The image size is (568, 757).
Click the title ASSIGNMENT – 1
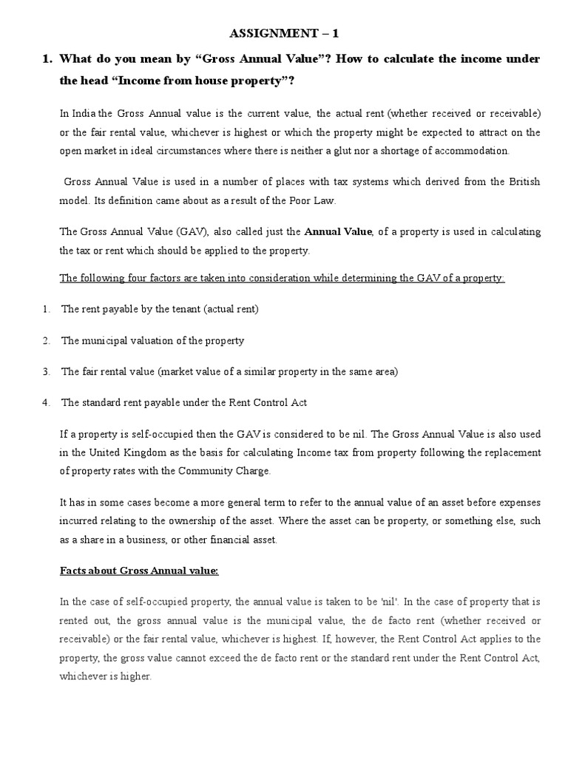tap(284, 33)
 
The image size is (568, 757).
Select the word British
tap(522, 181)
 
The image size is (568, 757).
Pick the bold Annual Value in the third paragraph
tap(339, 231)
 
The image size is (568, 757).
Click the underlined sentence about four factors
tap(282, 277)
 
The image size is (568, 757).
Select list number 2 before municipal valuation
tap(46, 341)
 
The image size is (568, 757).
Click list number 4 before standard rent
tap(46, 402)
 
